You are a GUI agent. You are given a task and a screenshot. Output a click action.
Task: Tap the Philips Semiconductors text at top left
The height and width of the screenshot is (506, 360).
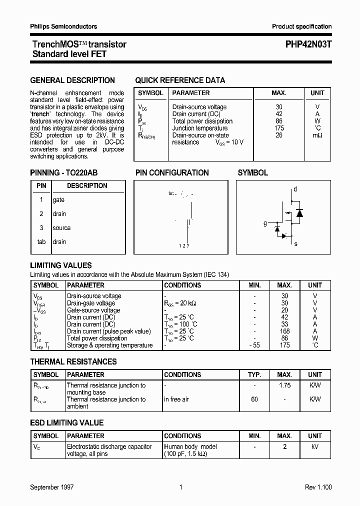coord(63,26)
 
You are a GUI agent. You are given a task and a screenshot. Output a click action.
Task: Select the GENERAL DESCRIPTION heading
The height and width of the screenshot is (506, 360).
coord(72,80)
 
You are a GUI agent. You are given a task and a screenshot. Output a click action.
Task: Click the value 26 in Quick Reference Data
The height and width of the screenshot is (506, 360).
coord(278,135)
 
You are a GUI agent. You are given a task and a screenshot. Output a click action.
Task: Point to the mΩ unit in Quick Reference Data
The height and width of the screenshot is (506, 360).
coord(317,135)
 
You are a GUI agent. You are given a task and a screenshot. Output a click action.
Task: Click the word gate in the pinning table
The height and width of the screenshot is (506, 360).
coord(58,200)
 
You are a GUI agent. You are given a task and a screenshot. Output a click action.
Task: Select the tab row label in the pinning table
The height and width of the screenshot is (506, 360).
coord(41,242)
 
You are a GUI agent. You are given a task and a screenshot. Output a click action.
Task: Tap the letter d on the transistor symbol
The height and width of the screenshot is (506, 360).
coord(295,189)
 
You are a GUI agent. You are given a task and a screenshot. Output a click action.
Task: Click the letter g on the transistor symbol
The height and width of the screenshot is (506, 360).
coord(265,223)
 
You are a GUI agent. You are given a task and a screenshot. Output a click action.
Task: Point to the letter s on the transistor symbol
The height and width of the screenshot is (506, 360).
coord(295,244)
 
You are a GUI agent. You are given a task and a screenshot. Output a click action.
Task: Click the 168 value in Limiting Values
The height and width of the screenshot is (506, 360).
coord(284,331)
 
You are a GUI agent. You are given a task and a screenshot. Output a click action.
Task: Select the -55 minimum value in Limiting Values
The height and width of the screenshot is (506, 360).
coord(254,345)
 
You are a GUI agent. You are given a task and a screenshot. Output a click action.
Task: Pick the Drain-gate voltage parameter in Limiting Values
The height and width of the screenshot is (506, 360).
coord(91,303)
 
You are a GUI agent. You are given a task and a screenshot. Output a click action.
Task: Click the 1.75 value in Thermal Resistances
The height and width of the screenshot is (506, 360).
coord(284,385)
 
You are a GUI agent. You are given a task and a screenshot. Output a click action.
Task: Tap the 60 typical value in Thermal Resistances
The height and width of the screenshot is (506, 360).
coord(254,399)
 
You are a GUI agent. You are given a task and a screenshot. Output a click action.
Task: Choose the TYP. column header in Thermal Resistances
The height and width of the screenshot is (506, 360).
coord(254,374)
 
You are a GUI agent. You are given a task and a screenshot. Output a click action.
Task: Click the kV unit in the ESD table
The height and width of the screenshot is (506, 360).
coord(315,447)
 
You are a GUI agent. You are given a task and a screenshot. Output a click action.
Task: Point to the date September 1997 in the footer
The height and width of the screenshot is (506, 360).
coord(52,487)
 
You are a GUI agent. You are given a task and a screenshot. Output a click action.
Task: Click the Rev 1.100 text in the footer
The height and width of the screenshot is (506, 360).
coord(318,487)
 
